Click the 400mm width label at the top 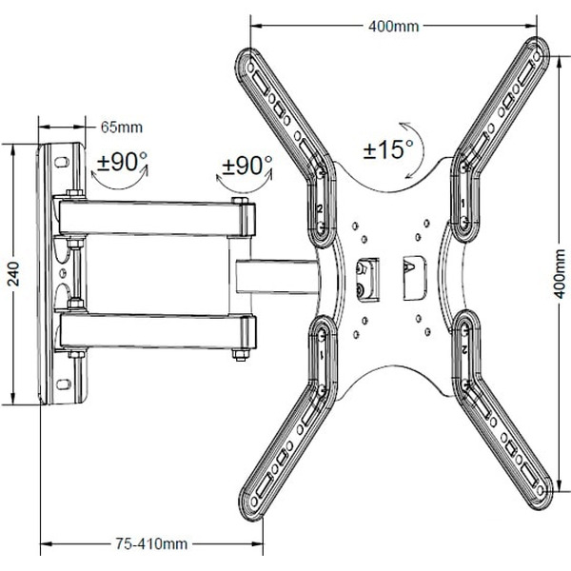click(392, 26)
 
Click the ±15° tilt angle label click(387, 149)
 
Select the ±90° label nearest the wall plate click(122, 161)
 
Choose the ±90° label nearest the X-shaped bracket click(246, 165)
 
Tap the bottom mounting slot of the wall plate click(65, 386)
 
